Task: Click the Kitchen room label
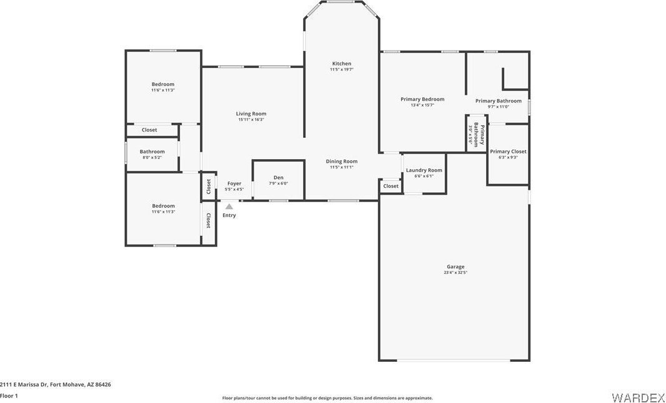coord(342,64)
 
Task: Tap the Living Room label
coord(251,114)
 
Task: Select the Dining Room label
coord(342,162)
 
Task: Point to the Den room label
coord(279,178)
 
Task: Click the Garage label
coord(455,267)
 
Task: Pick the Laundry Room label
coord(424,170)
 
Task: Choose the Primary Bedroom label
coord(422,99)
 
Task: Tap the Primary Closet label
coord(508,152)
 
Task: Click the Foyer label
coord(234,183)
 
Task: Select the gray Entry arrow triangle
coord(229,206)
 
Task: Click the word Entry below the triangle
coord(229,215)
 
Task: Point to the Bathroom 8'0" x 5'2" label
coord(152,152)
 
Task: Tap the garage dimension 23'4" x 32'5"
coord(455,273)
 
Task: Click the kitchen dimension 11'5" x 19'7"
coord(342,69)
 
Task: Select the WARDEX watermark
coord(637,397)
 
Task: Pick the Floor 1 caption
coord(9,396)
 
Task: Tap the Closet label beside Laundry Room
coord(391,186)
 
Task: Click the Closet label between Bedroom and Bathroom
coord(149,130)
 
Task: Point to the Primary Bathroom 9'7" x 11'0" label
coord(499,101)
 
